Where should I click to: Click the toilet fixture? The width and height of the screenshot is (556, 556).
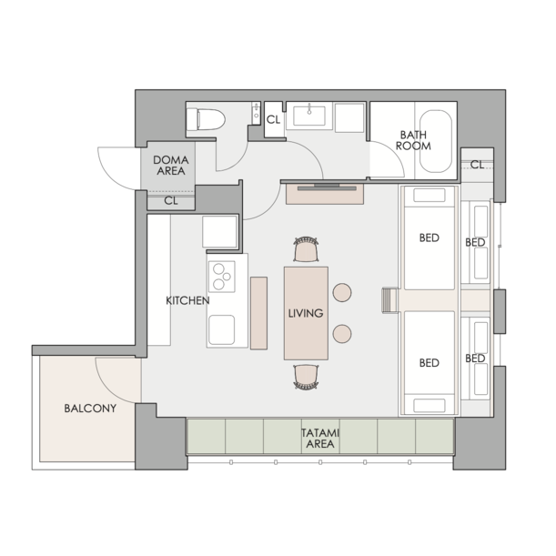click(206, 119)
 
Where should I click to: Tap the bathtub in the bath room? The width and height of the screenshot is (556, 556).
click(436, 141)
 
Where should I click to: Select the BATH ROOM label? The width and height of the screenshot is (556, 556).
click(413, 140)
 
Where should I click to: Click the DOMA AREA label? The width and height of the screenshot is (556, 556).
click(171, 166)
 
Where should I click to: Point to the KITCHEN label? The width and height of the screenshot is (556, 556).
click(187, 300)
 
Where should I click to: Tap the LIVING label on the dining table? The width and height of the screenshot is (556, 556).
click(306, 313)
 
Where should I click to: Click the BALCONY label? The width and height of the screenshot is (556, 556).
click(90, 409)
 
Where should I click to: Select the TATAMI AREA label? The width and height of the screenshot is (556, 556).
click(320, 439)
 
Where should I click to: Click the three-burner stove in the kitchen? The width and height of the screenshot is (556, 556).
click(222, 277)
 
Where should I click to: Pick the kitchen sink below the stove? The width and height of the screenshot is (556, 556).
click(222, 329)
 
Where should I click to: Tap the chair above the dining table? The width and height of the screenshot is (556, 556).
click(306, 249)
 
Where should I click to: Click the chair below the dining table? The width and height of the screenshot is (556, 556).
click(306, 377)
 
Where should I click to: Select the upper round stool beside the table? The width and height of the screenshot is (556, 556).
click(342, 292)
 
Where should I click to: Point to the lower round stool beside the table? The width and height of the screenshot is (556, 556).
click(342, 334)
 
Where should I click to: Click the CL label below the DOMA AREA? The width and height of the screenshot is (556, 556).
click(171, 201)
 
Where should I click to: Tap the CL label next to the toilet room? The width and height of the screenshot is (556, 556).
click(273, 120)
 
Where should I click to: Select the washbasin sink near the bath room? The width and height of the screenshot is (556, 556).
click(309, 116)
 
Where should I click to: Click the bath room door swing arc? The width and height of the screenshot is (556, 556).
click(394, 153)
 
